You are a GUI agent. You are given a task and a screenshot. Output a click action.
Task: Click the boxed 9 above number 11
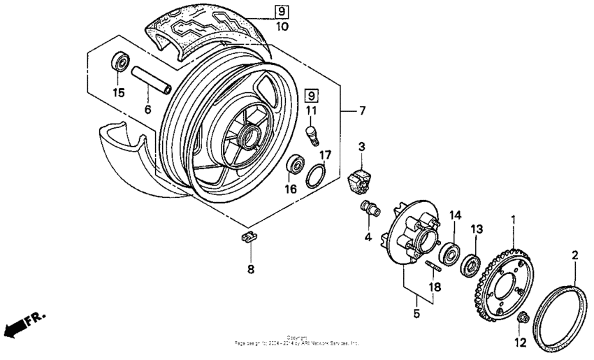click(x=312, y=94)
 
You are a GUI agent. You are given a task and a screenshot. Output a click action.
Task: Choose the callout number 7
click(x=361, y=110)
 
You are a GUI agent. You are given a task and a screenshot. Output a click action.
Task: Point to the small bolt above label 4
click(x=367, y=208)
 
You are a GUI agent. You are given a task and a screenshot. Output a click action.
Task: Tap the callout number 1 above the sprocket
click(x=514, y=219)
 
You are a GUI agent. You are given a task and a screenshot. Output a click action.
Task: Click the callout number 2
click(x=575, y=256)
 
